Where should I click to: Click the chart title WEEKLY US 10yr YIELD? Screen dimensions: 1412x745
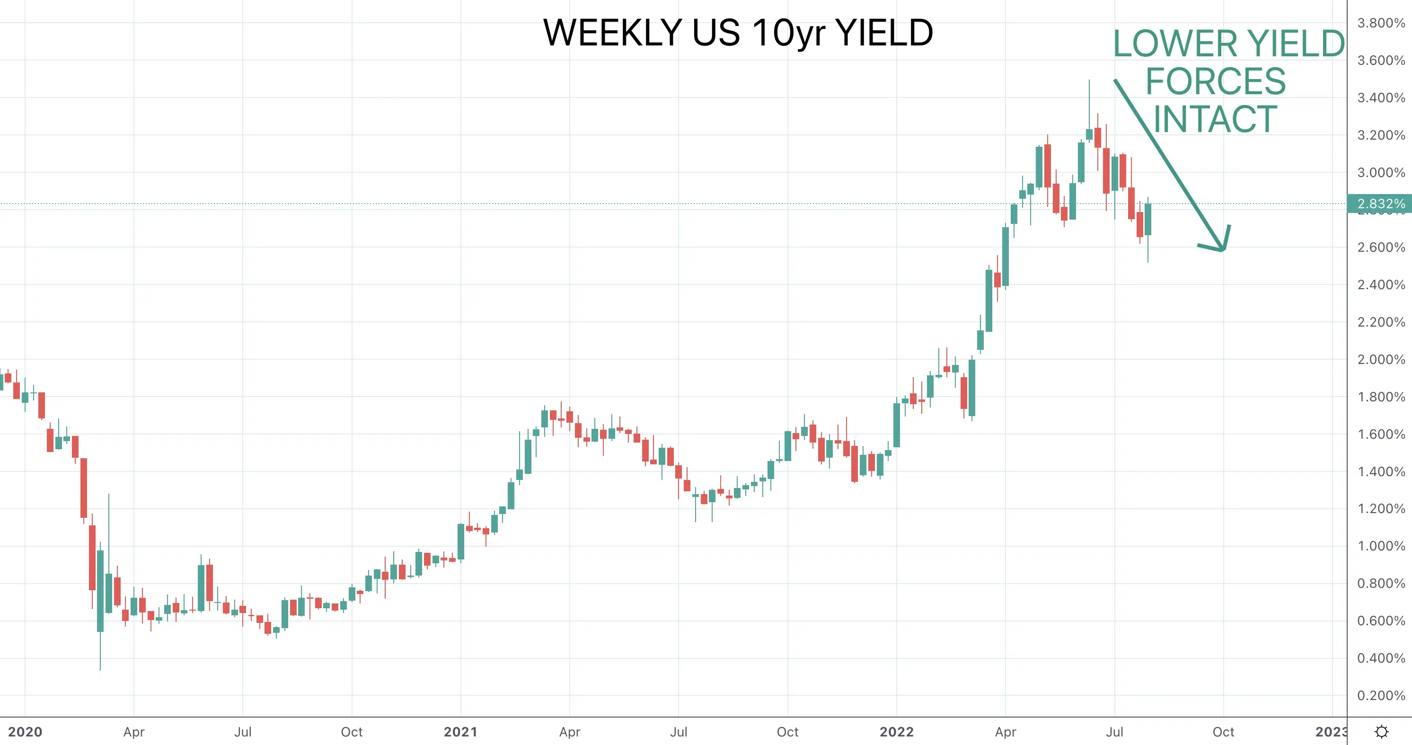[738, 33]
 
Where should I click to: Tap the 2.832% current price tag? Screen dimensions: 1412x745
[1380, 204]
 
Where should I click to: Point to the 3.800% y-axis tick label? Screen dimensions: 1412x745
[1381, 23]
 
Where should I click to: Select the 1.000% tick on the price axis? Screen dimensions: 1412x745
[1381, 546]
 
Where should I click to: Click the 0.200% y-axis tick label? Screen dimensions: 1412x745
[1381, 696]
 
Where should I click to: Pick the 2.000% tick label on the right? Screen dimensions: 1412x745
[1381, 360]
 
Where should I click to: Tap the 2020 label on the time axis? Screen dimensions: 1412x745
[25, 732]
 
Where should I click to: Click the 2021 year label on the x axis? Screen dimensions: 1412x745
[460, 732]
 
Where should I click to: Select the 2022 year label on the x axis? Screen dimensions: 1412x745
[897, 732]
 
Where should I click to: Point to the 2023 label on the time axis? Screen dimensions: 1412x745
[1332, 732]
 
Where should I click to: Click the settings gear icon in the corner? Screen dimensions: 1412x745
[1382, 732]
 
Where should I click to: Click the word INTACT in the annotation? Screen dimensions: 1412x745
[1215, 119]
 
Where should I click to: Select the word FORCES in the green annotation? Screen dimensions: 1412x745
[1216, 82]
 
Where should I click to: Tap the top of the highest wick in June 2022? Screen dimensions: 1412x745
[1089, 80]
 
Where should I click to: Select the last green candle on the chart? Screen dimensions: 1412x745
[1148, 219]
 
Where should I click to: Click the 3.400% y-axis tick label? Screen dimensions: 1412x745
[1381, 98]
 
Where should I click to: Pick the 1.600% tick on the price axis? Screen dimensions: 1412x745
[1381, 434]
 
